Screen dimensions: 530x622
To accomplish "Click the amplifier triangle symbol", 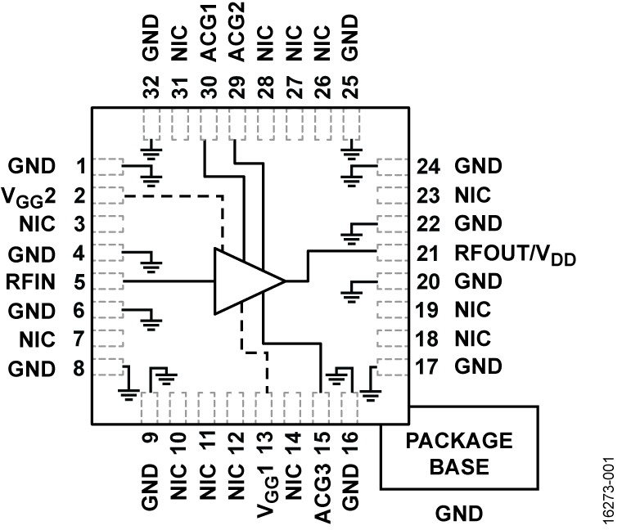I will [246, 281].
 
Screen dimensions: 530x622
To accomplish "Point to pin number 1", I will [80, 167].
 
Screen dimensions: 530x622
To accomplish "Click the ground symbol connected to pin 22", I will [353, 234].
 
